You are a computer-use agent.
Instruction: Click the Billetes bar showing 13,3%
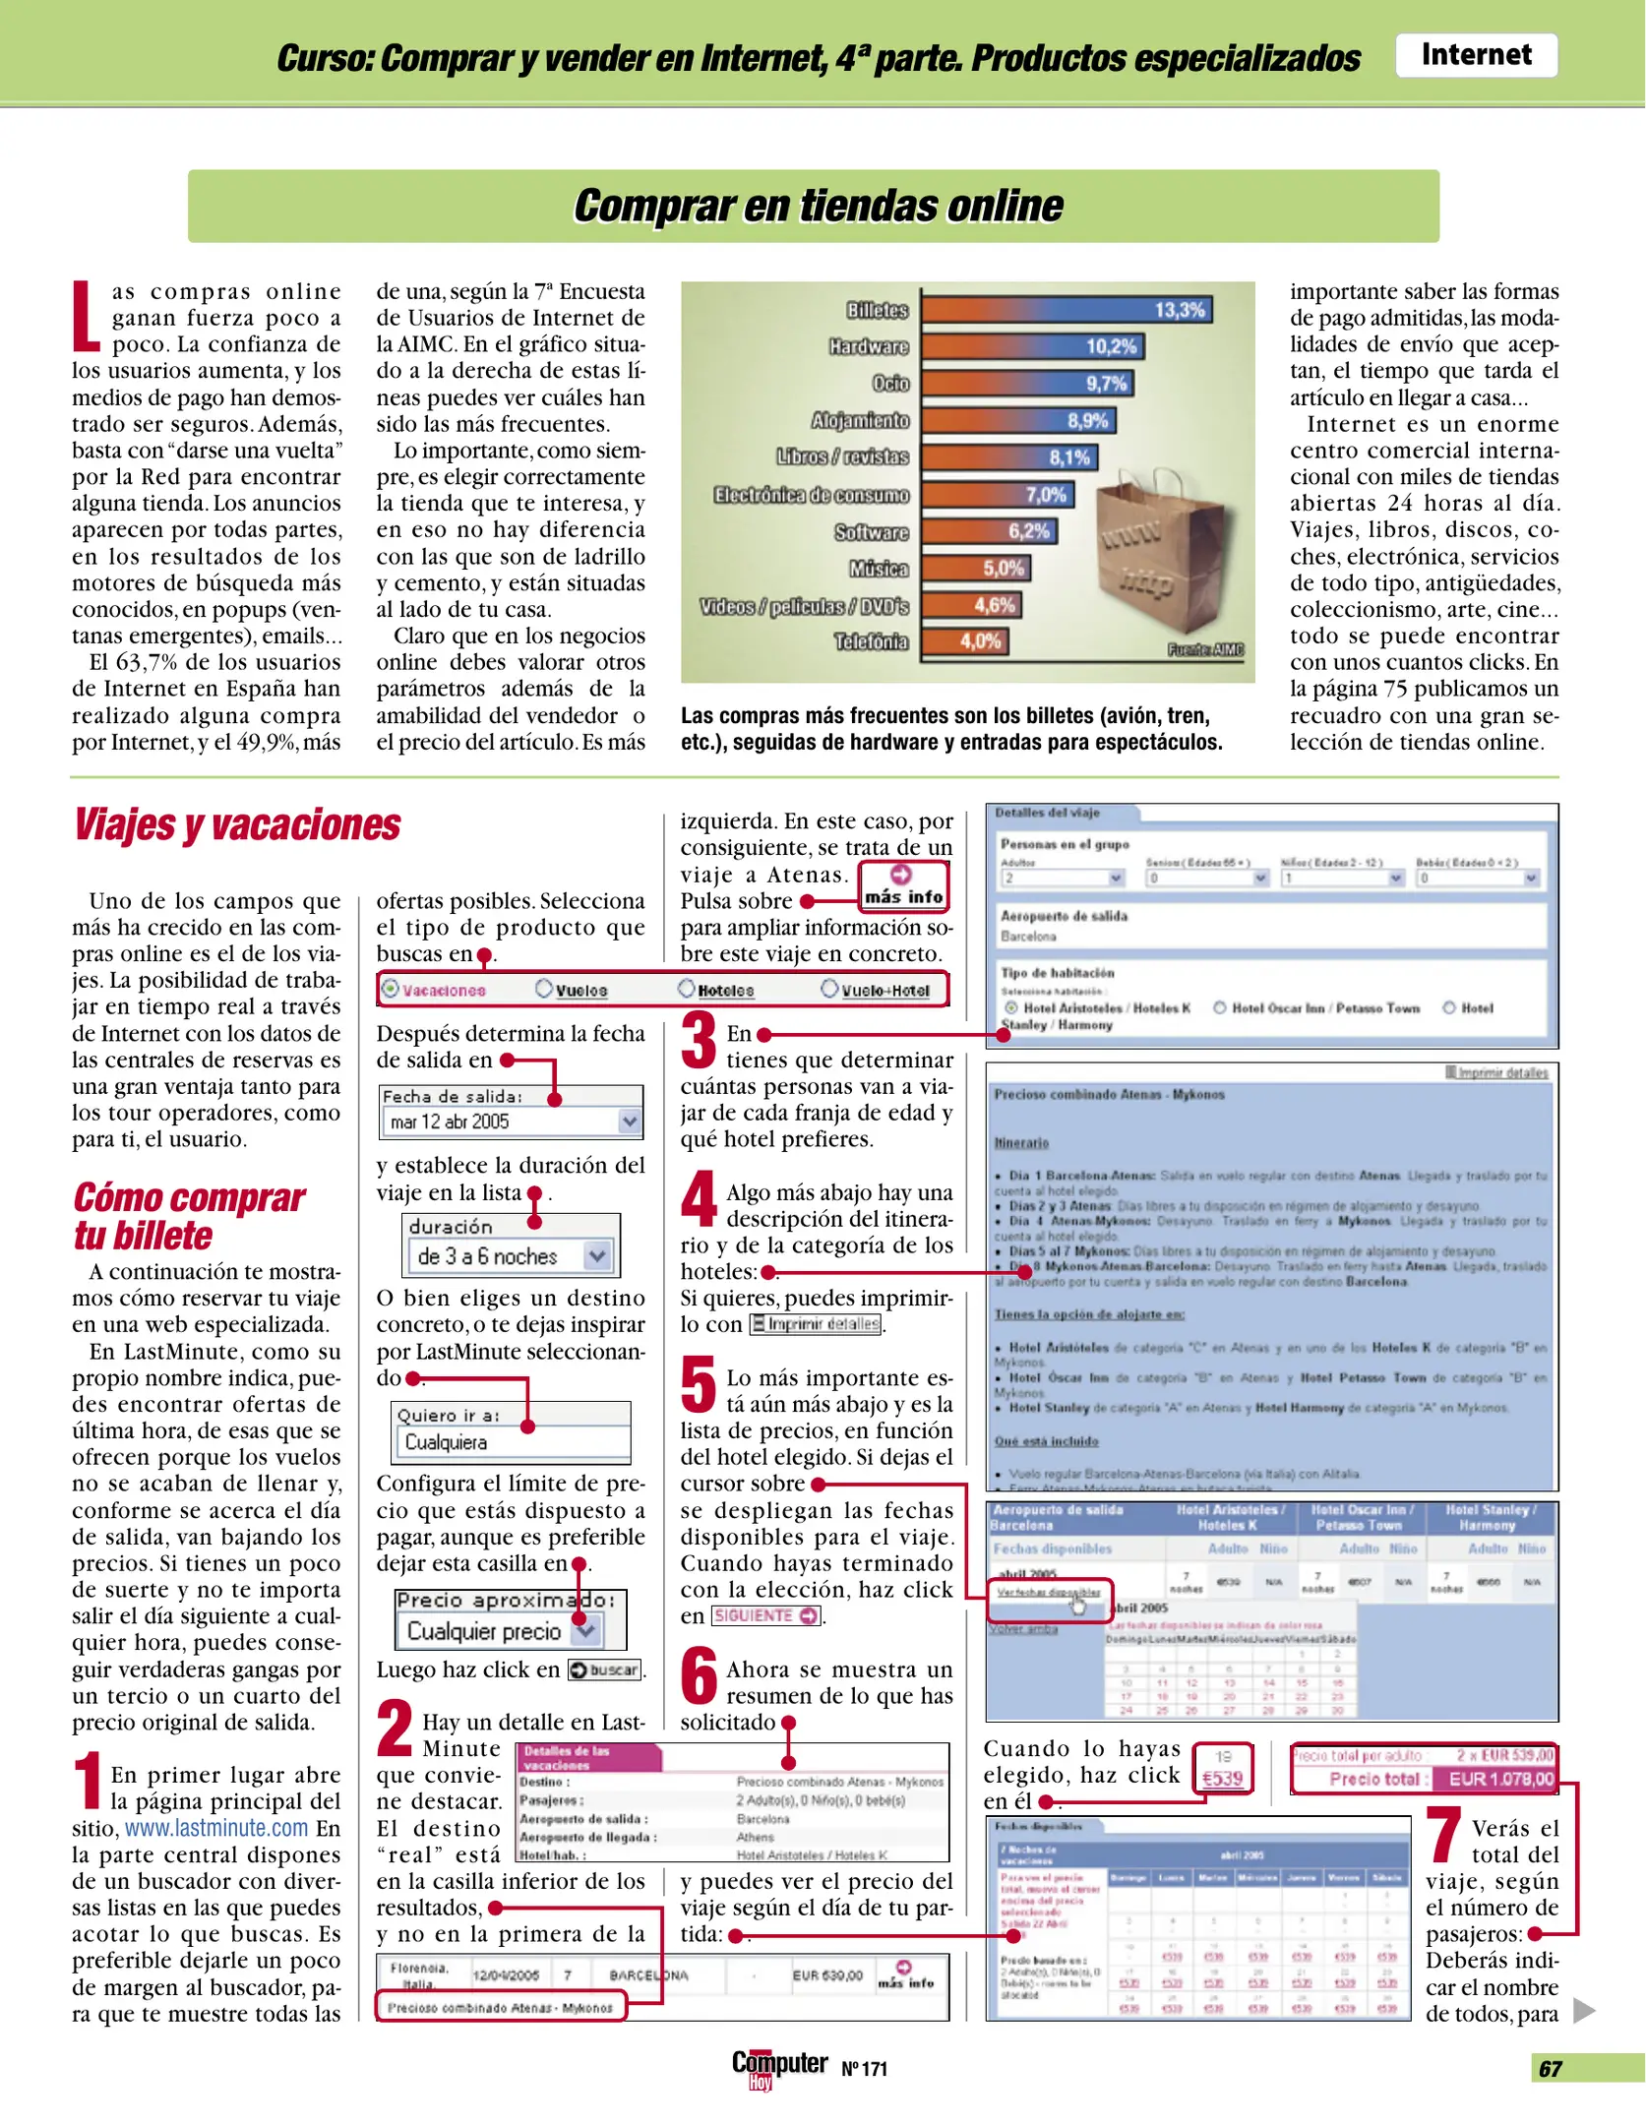point(1067,310)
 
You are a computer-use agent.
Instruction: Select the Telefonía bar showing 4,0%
point(965,641)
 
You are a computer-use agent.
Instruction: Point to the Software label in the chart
point(872,532)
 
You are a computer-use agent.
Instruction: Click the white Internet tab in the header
point(1476,55)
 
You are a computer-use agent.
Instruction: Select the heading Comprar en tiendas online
point(818,207)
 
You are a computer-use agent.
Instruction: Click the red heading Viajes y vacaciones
point(237,825)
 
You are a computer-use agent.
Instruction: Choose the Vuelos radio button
point(544,988)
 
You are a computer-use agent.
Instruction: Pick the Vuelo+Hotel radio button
point(829,988)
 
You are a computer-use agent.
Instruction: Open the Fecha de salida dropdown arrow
point(629,1121)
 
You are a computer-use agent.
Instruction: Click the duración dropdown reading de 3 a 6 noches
point(511,1256)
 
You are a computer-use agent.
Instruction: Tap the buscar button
point(604,1670)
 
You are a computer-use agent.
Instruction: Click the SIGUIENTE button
point(766,1615)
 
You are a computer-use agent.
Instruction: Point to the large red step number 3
point(700,1041)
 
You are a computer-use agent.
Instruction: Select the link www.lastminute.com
point(216,1828)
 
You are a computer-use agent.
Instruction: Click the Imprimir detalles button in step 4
point(815,1324)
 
